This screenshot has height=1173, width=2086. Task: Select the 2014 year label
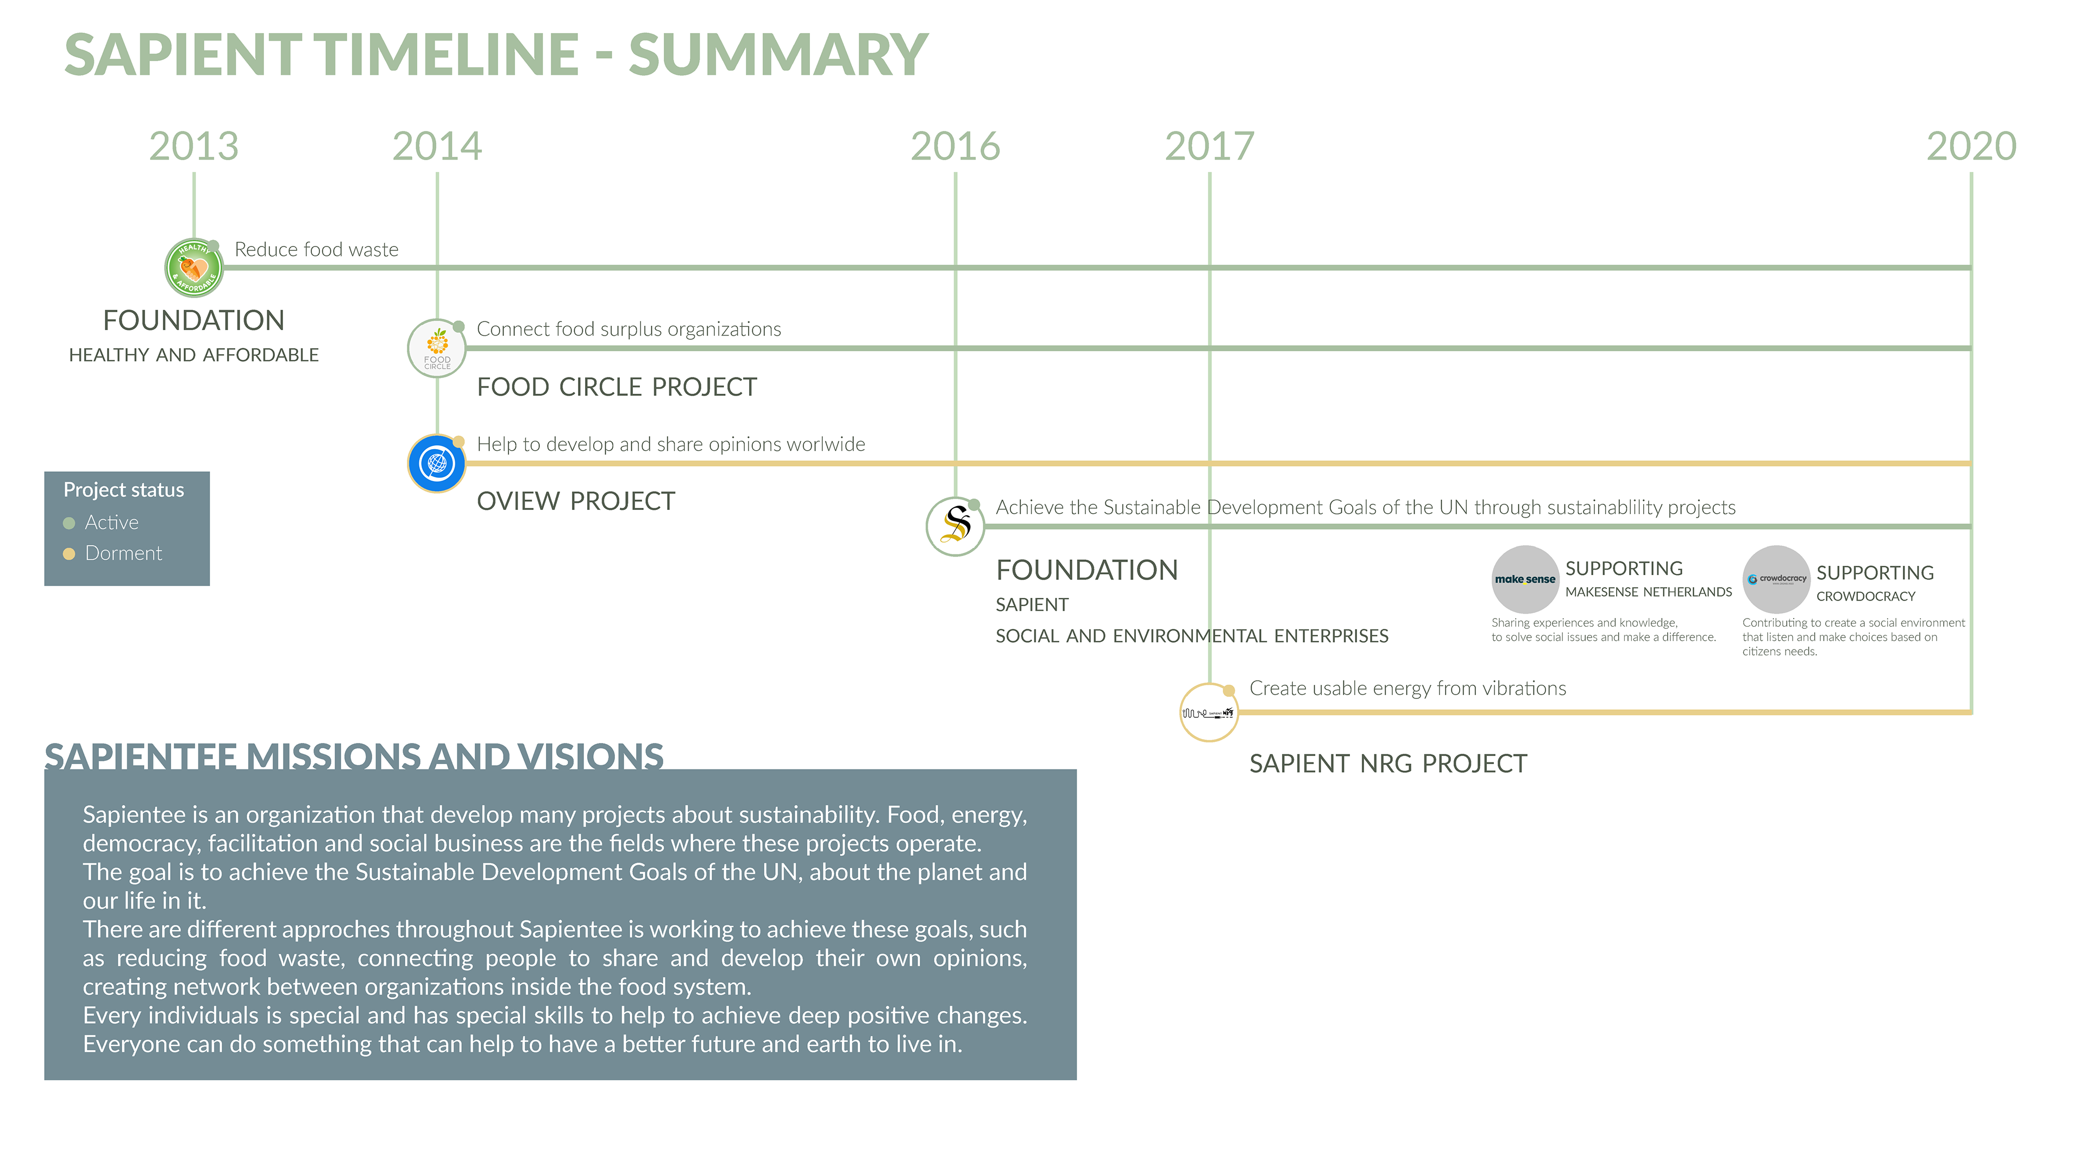tap(437, 147)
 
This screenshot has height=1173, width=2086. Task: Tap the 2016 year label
tap(956, 147)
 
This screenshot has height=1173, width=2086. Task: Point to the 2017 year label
tap(1210, 147)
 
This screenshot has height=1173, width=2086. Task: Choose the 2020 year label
tap(1971, 147)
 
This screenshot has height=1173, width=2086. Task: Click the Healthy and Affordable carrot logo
tap(194, 268)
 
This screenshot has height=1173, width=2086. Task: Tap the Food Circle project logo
tap(437, 349)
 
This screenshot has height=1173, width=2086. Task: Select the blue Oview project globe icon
tap(437, 464)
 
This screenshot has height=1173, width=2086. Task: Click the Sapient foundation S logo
tap(956, 526)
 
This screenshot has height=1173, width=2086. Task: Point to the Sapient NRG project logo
tap(1209, 712)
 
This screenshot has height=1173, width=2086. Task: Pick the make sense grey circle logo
tap(1525, 579)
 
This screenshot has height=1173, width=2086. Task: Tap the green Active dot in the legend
tap(69, 523)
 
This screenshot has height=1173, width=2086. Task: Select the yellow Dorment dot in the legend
tap(69, 554)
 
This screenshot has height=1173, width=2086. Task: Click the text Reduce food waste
tap(317, 249)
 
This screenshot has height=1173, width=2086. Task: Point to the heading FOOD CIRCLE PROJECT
tap(617, 387)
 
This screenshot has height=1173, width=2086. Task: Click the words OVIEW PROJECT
tap(576, 501)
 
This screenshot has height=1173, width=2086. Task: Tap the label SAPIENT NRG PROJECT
tap(1388, 764)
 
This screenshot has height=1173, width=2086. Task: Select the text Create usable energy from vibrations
tap(1408, 688)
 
